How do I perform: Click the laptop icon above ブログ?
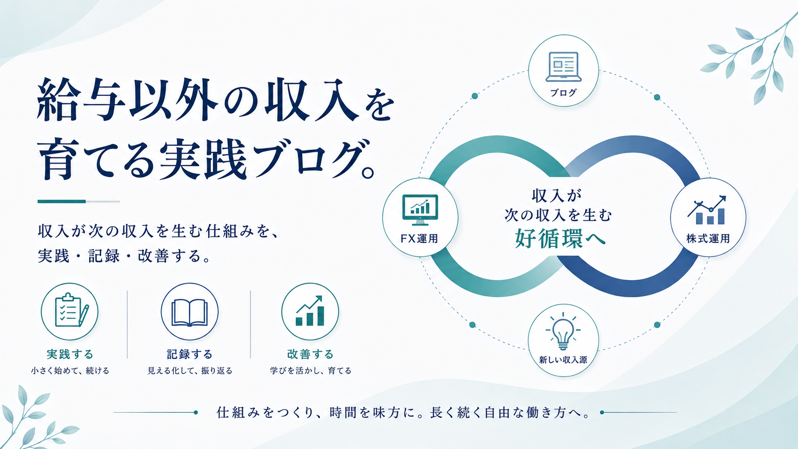563,67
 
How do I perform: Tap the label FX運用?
420,239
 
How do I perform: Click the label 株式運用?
708,239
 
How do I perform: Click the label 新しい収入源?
563,360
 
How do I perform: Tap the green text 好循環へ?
560,238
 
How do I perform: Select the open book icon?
189,312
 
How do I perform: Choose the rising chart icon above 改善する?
310,311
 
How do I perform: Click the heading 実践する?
70,355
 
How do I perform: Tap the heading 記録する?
189,355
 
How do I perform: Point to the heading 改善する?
310,355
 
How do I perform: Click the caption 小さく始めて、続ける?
70,371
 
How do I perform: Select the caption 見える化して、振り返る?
190,371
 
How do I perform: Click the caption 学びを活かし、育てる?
311,371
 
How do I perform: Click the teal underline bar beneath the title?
62,201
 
